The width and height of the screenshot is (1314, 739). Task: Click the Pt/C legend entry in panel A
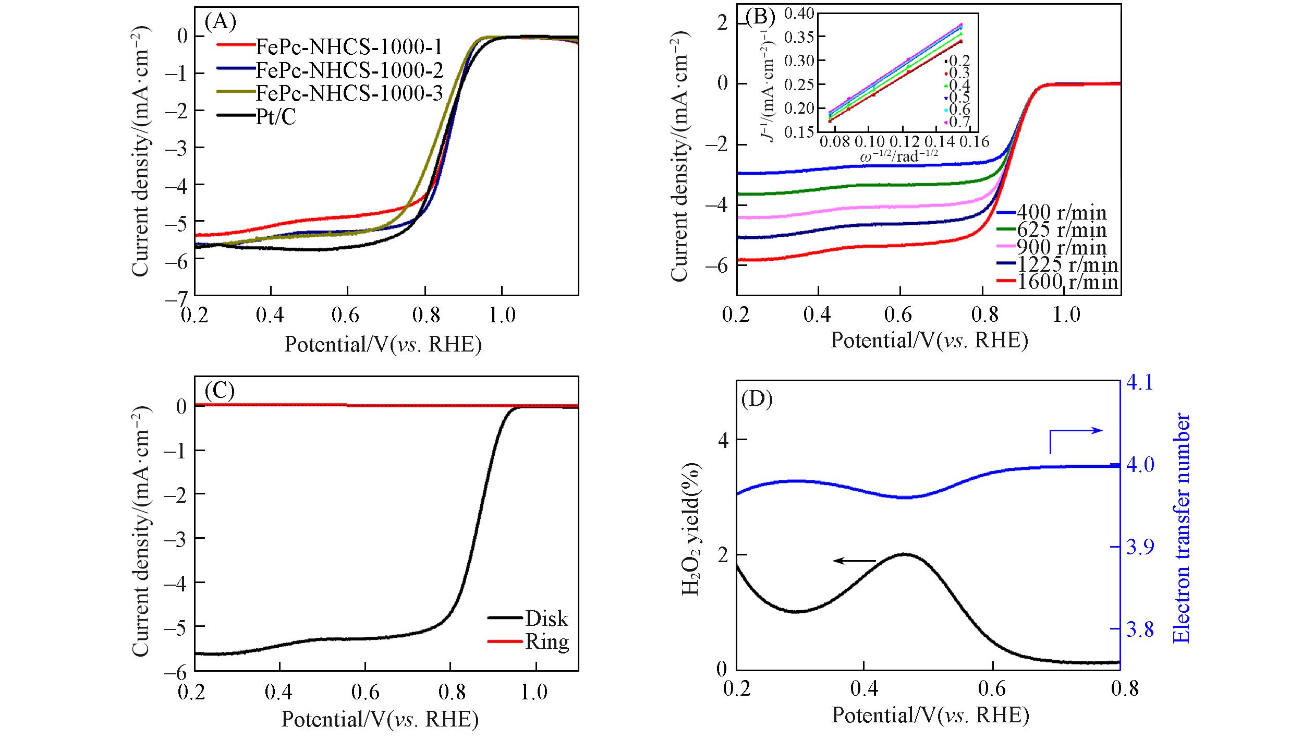pos(275,117)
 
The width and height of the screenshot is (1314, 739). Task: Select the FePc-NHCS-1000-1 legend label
pos(348,47)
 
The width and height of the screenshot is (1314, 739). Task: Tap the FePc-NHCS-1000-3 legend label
pos(348,93)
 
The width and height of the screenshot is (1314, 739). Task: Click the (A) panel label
pos(220,22)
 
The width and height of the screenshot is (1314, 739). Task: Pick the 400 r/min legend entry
pos(1061,212)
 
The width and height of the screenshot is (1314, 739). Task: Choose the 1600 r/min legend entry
pos(1067,282)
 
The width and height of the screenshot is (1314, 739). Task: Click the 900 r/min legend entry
pos(1061,247)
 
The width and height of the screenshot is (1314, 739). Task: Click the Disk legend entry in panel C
pos(546,618)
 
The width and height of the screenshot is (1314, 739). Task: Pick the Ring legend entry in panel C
pos(546,641)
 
